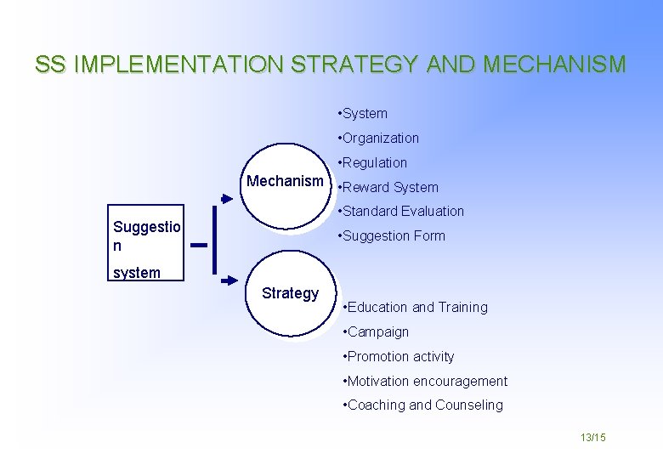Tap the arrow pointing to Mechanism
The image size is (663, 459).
226,199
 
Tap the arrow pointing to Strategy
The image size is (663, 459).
229,279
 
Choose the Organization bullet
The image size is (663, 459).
378,139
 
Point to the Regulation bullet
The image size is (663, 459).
372,163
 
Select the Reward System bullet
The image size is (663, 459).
388,188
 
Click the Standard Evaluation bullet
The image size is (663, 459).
400,212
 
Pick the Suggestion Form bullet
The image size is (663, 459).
391,236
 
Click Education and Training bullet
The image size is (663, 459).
415,308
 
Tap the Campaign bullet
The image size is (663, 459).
376,332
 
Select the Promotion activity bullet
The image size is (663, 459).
398,357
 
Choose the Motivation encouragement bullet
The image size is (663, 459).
425,382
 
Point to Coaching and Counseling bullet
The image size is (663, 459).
422,405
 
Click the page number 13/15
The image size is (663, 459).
592,437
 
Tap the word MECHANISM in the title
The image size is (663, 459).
555,65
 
